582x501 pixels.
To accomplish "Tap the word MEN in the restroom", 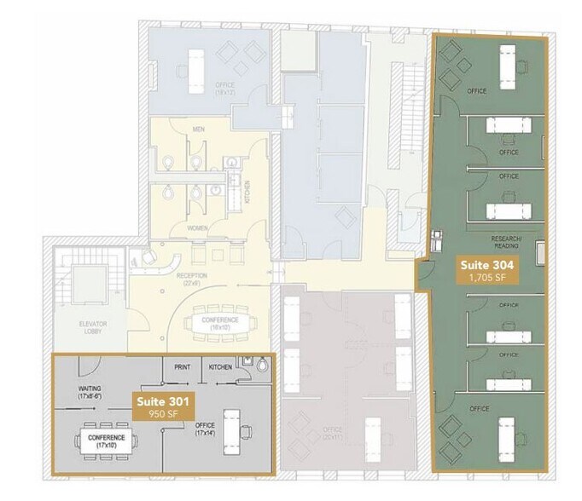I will coord(200,130).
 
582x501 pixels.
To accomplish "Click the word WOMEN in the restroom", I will coord(198,227).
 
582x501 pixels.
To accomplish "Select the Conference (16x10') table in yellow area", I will coord(221,324).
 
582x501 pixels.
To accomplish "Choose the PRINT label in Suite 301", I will coord(182,367).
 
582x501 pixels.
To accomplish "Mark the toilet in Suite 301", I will coord(261,366).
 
